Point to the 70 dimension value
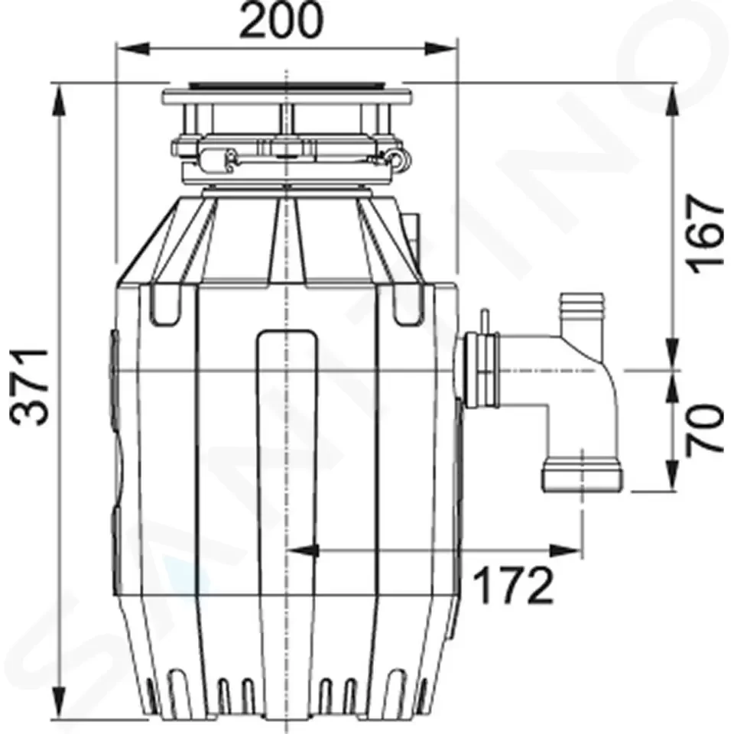point(703,429)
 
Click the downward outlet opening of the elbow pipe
point(583,478)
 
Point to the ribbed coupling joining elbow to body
point(479,371)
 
